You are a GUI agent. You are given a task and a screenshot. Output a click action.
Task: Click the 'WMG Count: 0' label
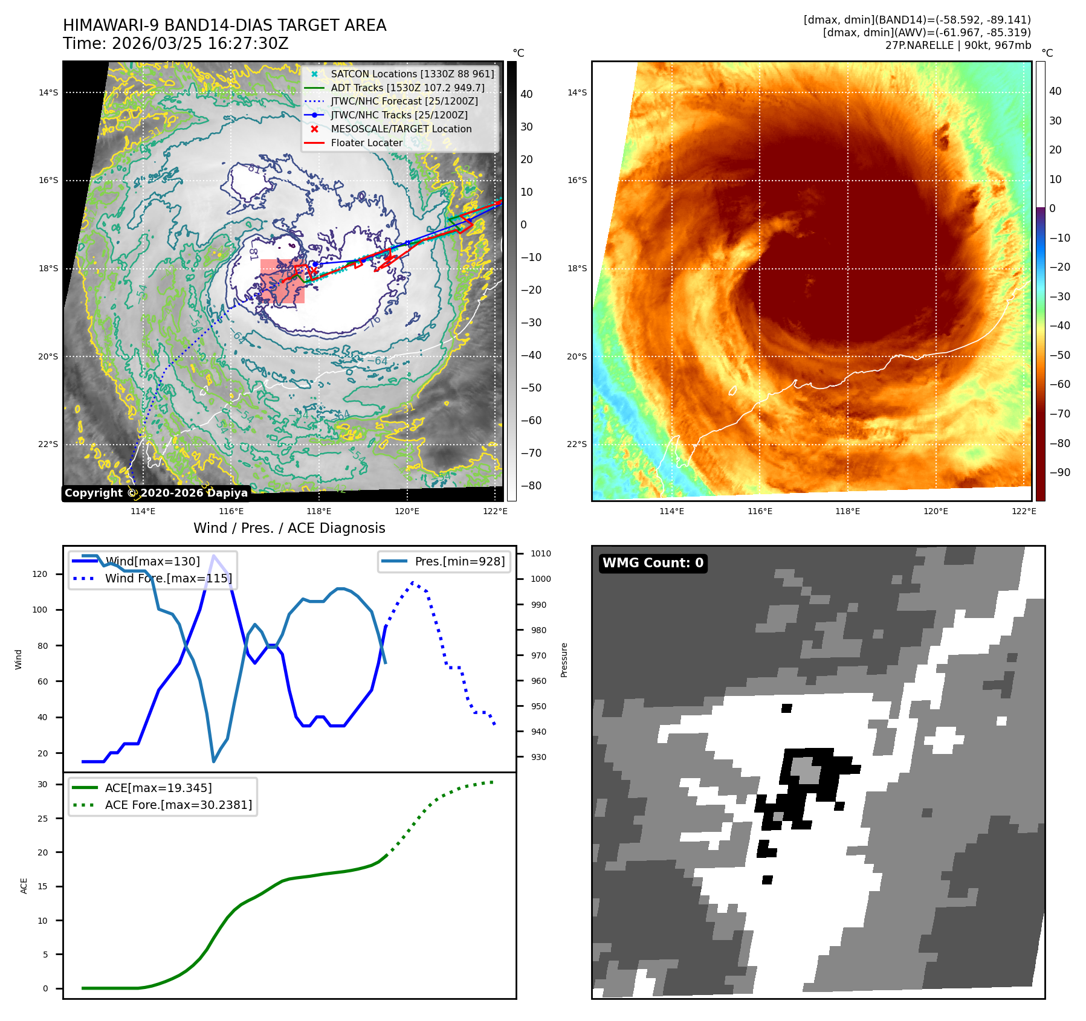click(x=653, y=563)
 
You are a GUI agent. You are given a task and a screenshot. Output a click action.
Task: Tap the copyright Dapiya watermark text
click(x=156, y=493)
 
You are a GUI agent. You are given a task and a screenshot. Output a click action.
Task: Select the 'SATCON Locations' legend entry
click(x=412, y=74)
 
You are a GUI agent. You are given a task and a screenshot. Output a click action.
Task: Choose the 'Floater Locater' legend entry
click(x=366, y=143)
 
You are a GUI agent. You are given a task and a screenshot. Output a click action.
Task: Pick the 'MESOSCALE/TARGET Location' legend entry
click(x=401, y=129)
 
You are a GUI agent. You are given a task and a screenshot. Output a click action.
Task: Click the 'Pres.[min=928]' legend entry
click(x=459, y=561)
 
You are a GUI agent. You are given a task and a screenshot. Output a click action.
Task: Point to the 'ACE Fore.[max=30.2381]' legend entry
click(x=178, y=805)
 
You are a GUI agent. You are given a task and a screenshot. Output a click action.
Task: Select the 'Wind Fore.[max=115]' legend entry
click(x=168, y=578)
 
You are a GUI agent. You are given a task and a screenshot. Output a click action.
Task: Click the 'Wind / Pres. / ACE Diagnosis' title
click(x=289, y=528)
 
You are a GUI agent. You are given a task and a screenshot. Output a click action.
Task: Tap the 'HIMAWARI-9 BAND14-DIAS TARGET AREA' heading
click(x=224, y=25)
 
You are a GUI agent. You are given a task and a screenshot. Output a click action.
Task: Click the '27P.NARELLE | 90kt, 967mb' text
click(x=958, y=45)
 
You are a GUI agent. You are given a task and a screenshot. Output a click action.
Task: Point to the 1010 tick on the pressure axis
click(x=540, y=553)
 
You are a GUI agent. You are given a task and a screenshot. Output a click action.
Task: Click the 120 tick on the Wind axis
click(x=40, y=574)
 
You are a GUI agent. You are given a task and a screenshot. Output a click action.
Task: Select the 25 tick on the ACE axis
click(x=42, y=819)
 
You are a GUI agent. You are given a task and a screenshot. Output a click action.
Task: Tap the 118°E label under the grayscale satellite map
click(x=318, y=511)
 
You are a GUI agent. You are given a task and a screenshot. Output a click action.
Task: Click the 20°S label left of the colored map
click(x=577, y=356)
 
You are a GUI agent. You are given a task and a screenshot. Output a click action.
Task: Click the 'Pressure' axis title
click(x=564, y=660)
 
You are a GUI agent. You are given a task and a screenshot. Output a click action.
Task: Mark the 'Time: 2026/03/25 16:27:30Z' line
click(x=175, y=43)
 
